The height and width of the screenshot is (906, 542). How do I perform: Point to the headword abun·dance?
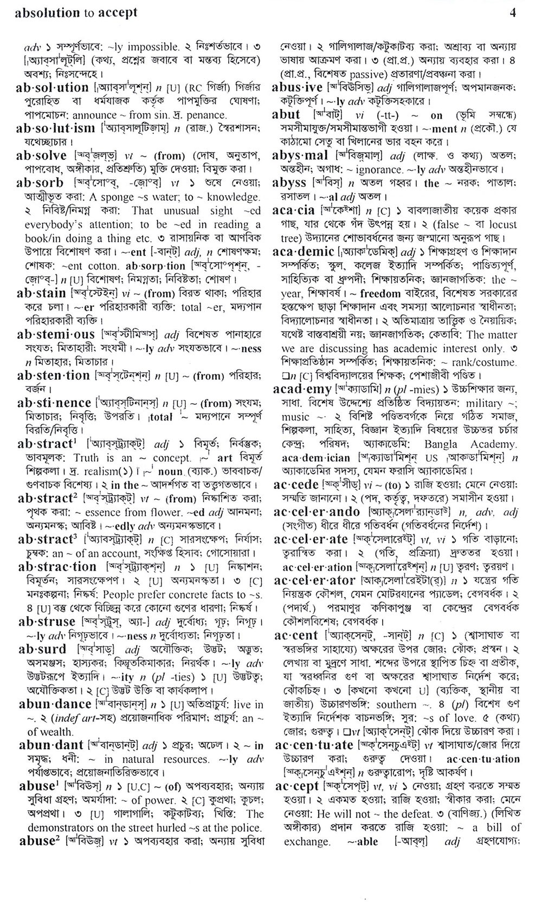[x=55, y=704]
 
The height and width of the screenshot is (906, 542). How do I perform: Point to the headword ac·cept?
[x=297, y=786]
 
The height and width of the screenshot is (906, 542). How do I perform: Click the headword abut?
[x=286, y=114]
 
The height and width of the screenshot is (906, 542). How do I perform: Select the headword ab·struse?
[x=47, y=622]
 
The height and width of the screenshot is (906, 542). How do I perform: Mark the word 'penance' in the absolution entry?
[x=206, y=115]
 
